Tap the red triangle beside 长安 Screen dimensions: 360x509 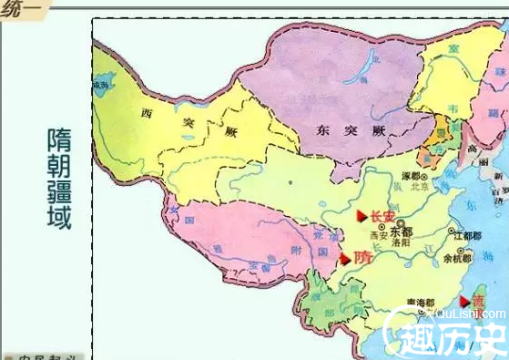(361, 216)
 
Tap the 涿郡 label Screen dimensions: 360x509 (412, 176)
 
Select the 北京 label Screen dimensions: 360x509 (421, 188)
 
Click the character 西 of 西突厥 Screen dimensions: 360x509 (148, 114)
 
